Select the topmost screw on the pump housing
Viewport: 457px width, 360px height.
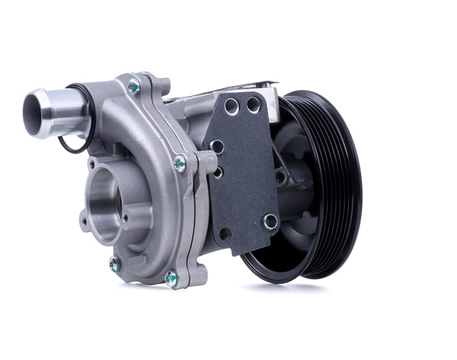point(133,86)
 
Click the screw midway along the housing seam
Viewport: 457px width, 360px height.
point(180,163)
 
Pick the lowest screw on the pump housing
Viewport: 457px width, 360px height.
point(171,278)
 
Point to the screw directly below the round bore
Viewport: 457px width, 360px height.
point(115,264)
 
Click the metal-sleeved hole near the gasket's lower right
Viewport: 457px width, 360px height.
point(270,221)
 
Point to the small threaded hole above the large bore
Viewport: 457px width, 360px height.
point(92,165)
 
